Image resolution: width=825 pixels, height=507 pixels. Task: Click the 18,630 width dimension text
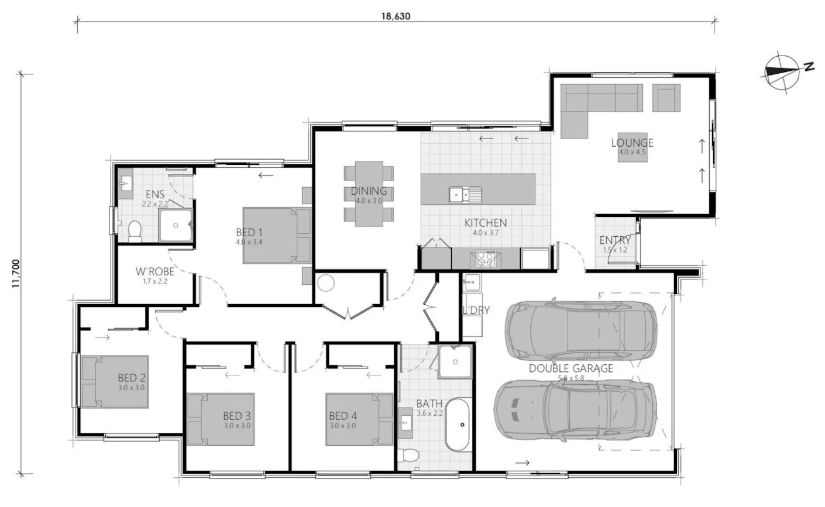(397, 16)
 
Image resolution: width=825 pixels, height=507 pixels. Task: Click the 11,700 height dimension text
(16, 274)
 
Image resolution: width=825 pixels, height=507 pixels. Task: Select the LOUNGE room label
(632, 143)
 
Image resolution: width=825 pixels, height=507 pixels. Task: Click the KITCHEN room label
(485, 223)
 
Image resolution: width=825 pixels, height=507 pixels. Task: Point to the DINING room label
(369, 191)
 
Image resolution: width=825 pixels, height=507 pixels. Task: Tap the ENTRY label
(615, 240)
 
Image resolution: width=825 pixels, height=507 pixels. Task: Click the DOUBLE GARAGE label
(570, 368)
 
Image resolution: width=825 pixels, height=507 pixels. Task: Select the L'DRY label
(475, 311)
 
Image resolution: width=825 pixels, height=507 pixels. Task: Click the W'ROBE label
(155, 272)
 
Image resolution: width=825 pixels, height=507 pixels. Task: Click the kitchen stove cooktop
(485, 258)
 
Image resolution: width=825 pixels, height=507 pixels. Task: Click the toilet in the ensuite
(135, 231)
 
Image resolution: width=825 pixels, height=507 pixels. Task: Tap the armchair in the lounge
(666, 97)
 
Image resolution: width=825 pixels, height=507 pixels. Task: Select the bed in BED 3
(220, 419)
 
